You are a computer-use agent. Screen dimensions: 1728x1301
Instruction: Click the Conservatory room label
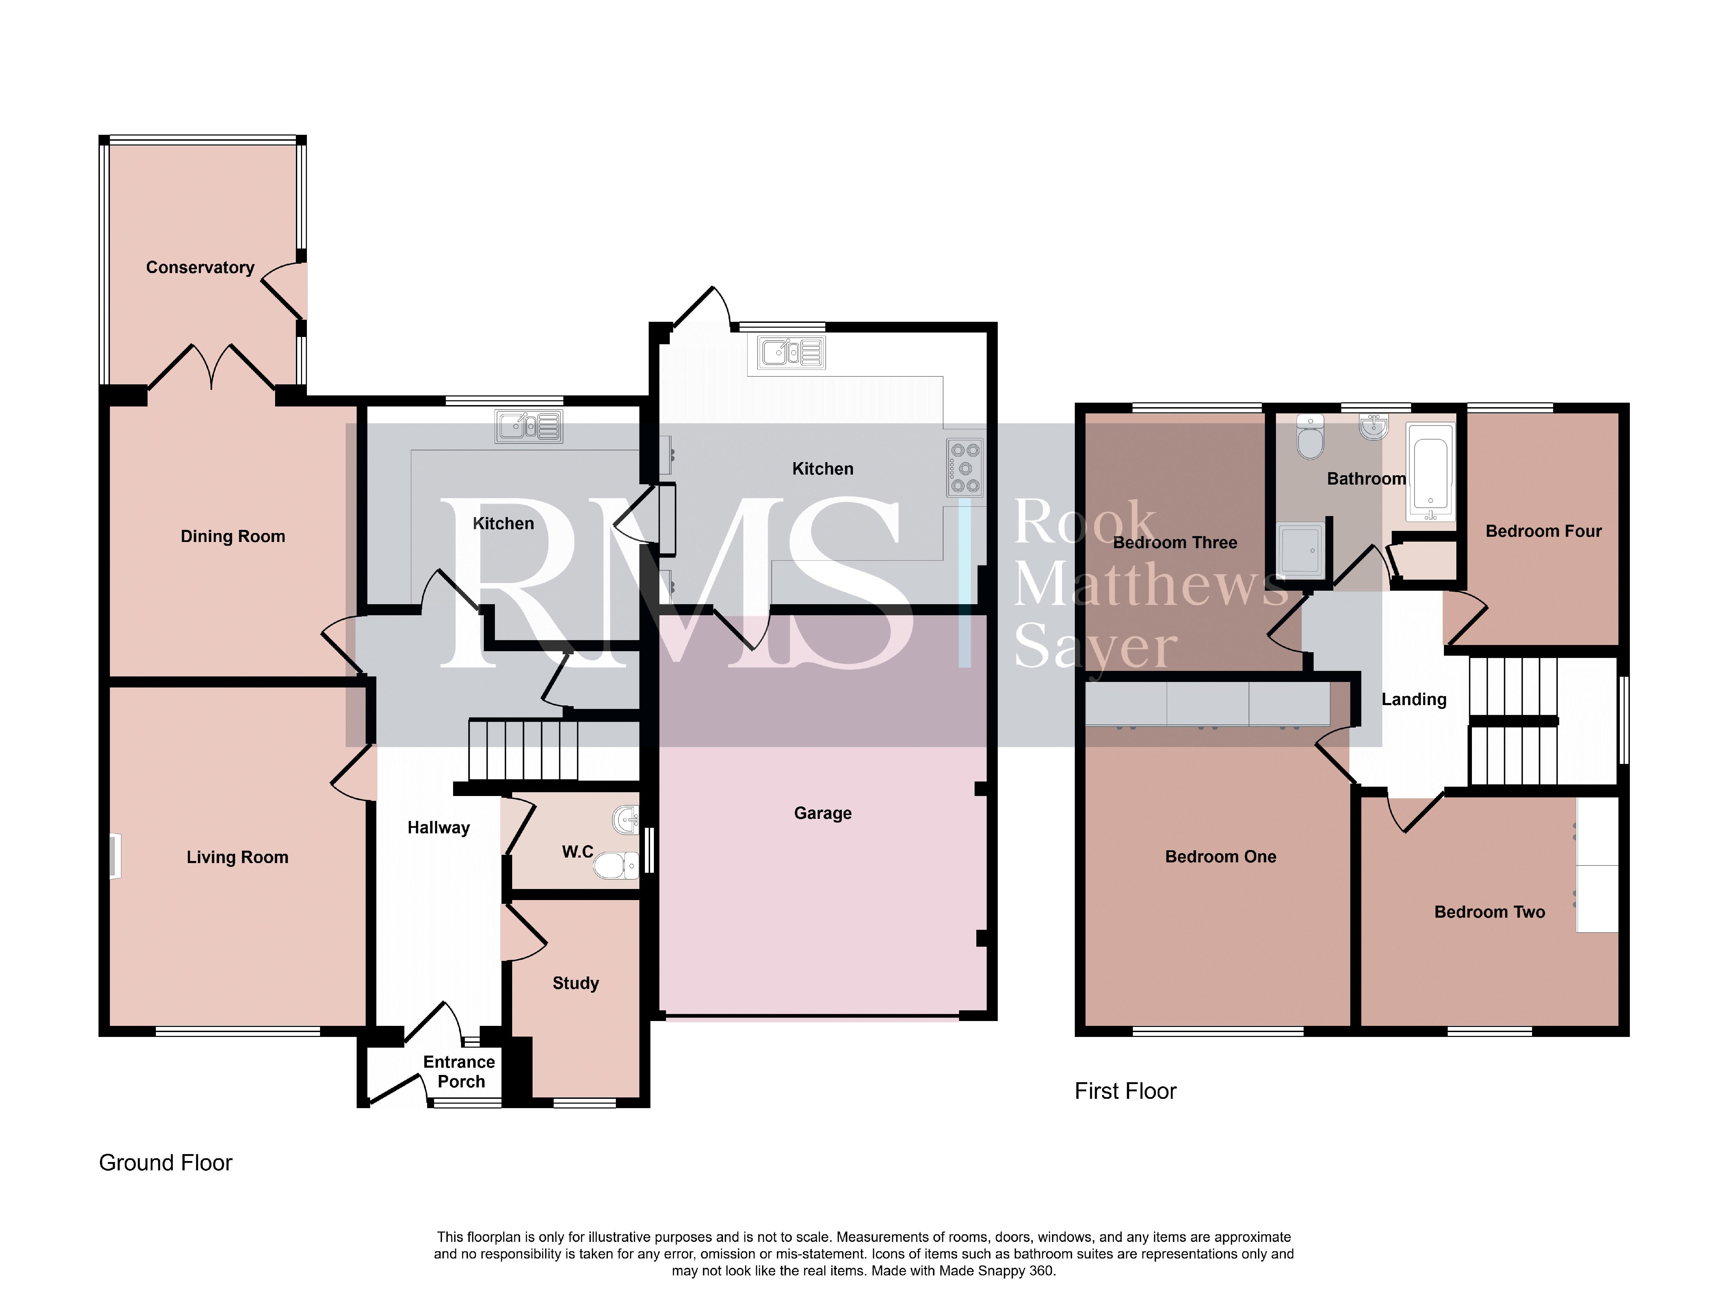[x=200, y=267]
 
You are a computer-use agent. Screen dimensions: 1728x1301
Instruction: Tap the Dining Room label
[x=233, y=536]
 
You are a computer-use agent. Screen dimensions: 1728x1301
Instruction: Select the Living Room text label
[x=237, y=857]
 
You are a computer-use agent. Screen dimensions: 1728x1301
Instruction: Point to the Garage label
[x=823, y=813]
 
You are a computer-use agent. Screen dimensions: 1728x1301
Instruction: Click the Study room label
[x=576, y=983]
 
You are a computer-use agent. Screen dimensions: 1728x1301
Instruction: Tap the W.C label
[x=578, y=852]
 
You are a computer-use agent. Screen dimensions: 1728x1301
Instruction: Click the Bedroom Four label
[x=1544, y=531]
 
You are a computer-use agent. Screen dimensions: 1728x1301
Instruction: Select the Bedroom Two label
[x=1490, y=912]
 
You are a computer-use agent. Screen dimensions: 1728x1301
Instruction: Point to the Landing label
[x=1414, y=699]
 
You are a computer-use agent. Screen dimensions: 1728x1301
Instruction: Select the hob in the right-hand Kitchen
[x=965, y=468]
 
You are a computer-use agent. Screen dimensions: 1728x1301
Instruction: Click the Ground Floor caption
[x=166, y=1163]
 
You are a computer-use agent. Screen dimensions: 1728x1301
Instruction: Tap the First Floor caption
[x=1125, y=1091]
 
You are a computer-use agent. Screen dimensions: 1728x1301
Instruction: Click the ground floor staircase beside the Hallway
[x=523, y=750]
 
